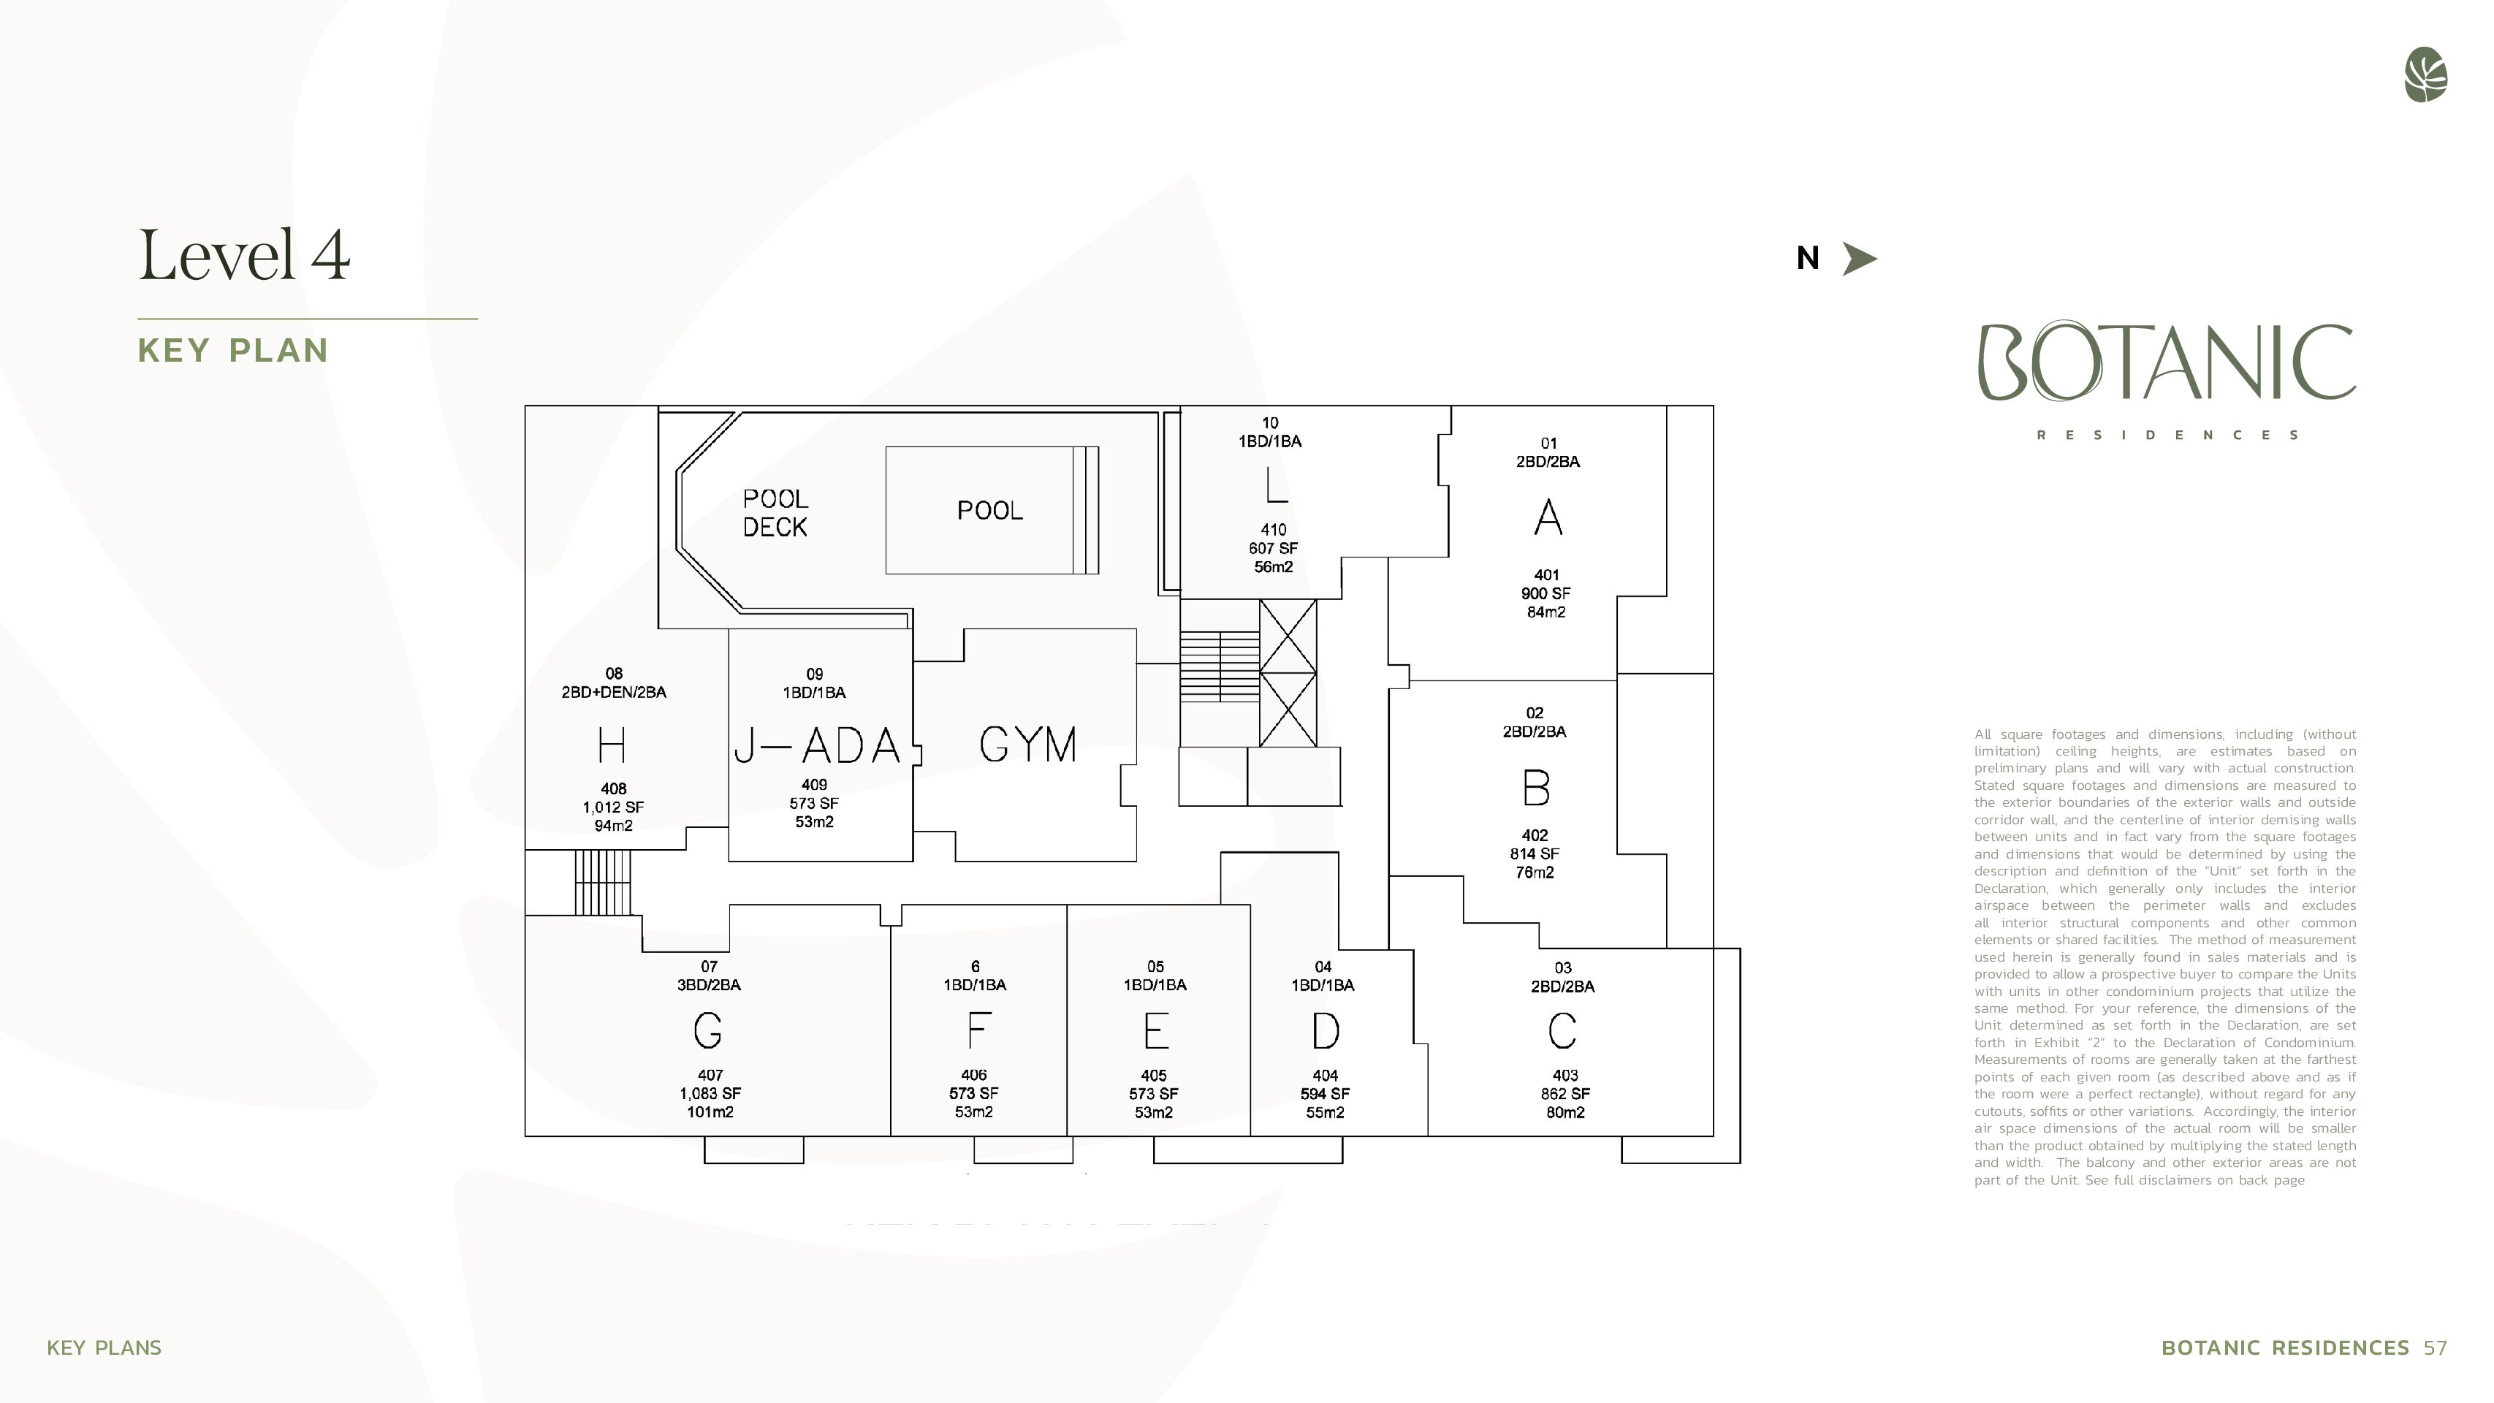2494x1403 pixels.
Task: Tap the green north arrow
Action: (1858, 259)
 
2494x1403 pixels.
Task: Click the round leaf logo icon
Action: (2425, 75)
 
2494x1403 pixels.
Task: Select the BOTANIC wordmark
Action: (2167, 362)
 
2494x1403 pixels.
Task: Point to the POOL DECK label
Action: (775, 513)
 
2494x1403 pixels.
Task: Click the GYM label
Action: (1028, 745)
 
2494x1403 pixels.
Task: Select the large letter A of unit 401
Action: (1548, 517)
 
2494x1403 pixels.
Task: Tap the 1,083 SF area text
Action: (710, 1093)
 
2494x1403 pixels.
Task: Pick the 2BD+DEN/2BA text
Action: (614, 692)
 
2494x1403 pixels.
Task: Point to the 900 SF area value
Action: (1546, 593)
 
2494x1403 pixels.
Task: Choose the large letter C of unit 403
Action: (1562, 1031)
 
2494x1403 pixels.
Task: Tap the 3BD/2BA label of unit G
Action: (709, 985)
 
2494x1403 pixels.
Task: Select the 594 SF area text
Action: (1326, 1094)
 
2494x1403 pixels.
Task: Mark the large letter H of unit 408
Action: (612, 745)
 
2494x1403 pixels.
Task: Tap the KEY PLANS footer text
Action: (104, 1347)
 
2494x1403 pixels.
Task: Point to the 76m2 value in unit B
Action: (1535, 872)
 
